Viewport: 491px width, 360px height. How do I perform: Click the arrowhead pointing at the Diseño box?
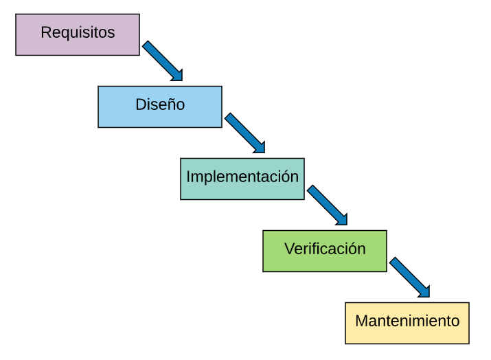coord(177,76)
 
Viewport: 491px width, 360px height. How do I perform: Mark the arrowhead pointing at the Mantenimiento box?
coord(424,292)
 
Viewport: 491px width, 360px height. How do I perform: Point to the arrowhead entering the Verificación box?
coord(342,220)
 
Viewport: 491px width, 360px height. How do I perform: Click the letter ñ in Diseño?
coord(172,105)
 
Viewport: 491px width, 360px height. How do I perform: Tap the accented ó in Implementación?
coord(286,177)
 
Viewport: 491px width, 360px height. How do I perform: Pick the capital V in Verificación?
coord(289,249)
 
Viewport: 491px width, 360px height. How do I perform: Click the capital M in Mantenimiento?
coord(361,321)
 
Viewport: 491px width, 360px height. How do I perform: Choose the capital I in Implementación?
coord(188,177)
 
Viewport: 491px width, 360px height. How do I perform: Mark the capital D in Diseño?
coord(140,104)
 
